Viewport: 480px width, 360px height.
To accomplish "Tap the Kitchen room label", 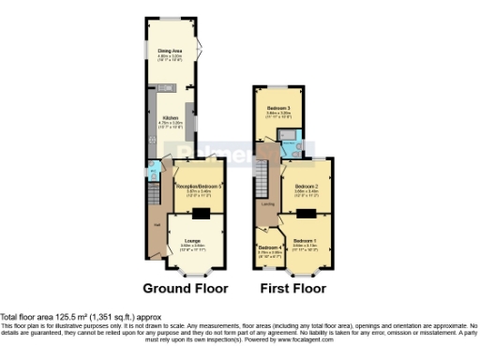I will (170, 117).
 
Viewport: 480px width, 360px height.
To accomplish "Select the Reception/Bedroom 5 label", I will (199, 187).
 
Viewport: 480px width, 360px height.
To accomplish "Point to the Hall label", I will (156, 224).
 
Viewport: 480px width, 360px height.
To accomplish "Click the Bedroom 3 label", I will (279, 108).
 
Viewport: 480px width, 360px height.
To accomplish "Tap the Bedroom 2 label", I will (306, 186).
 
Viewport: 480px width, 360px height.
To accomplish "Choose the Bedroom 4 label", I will (270, 248).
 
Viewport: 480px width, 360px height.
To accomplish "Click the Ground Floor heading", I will (184, 288).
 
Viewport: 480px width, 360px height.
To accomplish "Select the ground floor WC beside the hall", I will (154, 172).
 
